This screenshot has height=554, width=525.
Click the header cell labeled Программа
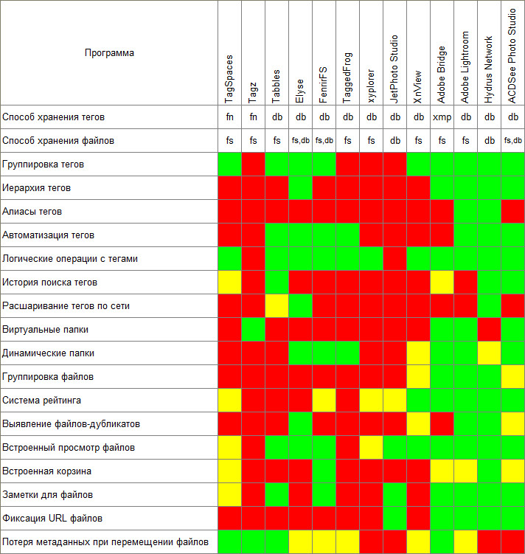(x=109, y=53)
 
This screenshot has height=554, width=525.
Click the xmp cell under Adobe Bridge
(x=442, y=117)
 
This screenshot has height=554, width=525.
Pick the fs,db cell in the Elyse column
(x=300, y=141)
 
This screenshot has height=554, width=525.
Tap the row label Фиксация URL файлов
(x=51, y=519)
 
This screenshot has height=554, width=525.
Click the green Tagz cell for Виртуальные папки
(x=253, y=330)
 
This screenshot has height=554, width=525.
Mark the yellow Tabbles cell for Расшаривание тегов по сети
(x=277, y=306)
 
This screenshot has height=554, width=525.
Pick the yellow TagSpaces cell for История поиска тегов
(x=229, y=283)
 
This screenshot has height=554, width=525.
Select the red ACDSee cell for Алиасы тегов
(x=512, y=212)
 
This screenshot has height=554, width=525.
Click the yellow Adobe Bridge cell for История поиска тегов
(x=442, y=283)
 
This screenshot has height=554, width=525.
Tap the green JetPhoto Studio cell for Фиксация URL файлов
(x=394, y=519)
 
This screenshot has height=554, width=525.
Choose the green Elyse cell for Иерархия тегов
(x=300, y=188)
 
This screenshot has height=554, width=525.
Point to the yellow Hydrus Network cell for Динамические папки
(x=489, y=353)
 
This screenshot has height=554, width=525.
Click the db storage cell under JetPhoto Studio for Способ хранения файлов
(x=394, y=141)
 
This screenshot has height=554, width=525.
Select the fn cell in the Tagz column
(x=253, y=117)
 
